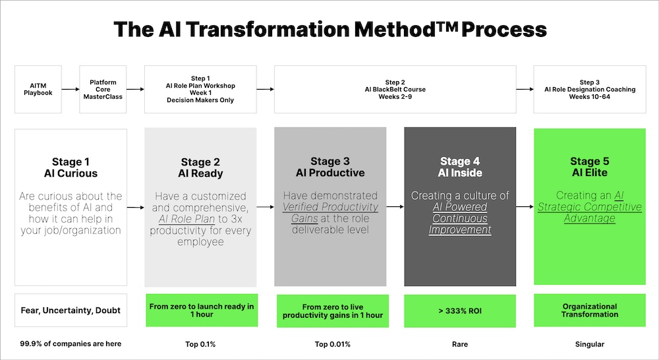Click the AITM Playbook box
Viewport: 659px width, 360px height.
click(38, 89)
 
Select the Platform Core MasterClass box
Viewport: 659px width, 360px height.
click(103, 89)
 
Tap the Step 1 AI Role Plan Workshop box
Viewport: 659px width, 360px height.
click(200, 89)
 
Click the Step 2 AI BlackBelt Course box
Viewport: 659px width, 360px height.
click(395, 89)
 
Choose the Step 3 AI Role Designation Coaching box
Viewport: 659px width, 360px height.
click(590, 89)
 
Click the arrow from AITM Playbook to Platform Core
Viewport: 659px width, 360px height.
click(69, 89)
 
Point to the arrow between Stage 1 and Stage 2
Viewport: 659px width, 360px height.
click(135, 208)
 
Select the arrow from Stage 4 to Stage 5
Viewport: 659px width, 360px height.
click(525, 206)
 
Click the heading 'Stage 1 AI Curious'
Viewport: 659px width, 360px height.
click(75, 167)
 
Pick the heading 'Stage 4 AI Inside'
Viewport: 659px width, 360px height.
click(460, 167)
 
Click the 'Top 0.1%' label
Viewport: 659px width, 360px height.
click(200, 344)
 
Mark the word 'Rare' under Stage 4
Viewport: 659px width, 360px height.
click(460, 344)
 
